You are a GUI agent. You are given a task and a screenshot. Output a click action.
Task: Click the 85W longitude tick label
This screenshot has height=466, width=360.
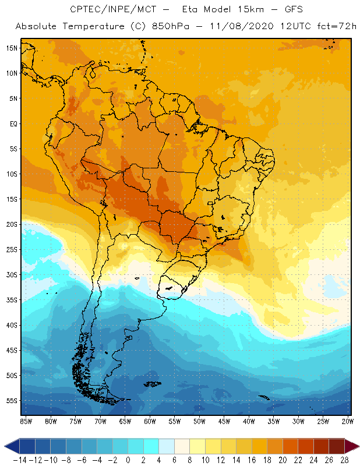[x=26, y=421]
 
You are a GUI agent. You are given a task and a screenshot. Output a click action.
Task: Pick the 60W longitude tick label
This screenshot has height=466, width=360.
[x=150, y=421]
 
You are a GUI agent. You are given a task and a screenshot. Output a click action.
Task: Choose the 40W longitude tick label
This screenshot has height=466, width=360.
[x=249, y=421]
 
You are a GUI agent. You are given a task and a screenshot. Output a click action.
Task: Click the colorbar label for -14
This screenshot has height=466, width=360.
[x=20, y=460]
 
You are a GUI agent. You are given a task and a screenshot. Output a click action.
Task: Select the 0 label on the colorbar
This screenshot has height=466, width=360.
[x=128, y=460]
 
